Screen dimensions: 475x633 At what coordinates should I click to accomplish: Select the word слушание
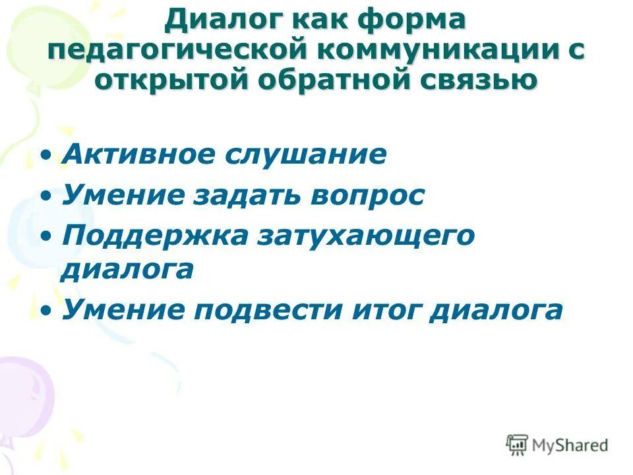pos(305,155)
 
